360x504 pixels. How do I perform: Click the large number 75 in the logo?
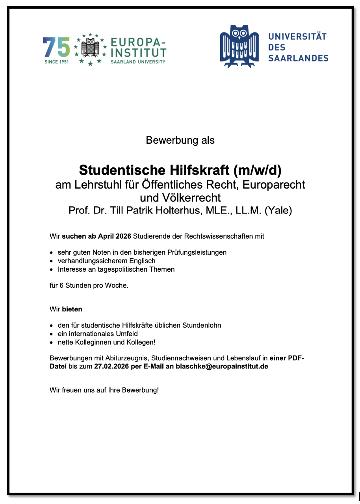coord(56,48)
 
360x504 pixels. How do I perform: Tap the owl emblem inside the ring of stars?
coord(91,48)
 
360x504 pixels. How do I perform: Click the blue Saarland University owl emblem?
coord(239,46)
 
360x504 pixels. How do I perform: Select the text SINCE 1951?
coord(56,62)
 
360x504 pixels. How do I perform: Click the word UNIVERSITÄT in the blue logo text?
coord(297,37)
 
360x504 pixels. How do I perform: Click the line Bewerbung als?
coord(180,140)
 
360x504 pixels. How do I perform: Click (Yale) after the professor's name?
coord(278,210)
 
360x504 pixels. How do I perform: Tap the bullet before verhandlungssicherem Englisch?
coord(52,261)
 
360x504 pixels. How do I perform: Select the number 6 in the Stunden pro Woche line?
coord(61,285)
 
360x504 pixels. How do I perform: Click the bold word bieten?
coord(72,309)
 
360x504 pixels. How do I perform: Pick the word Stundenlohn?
coord(201,325)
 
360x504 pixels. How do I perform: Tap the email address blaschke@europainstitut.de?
coord(222,366)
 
